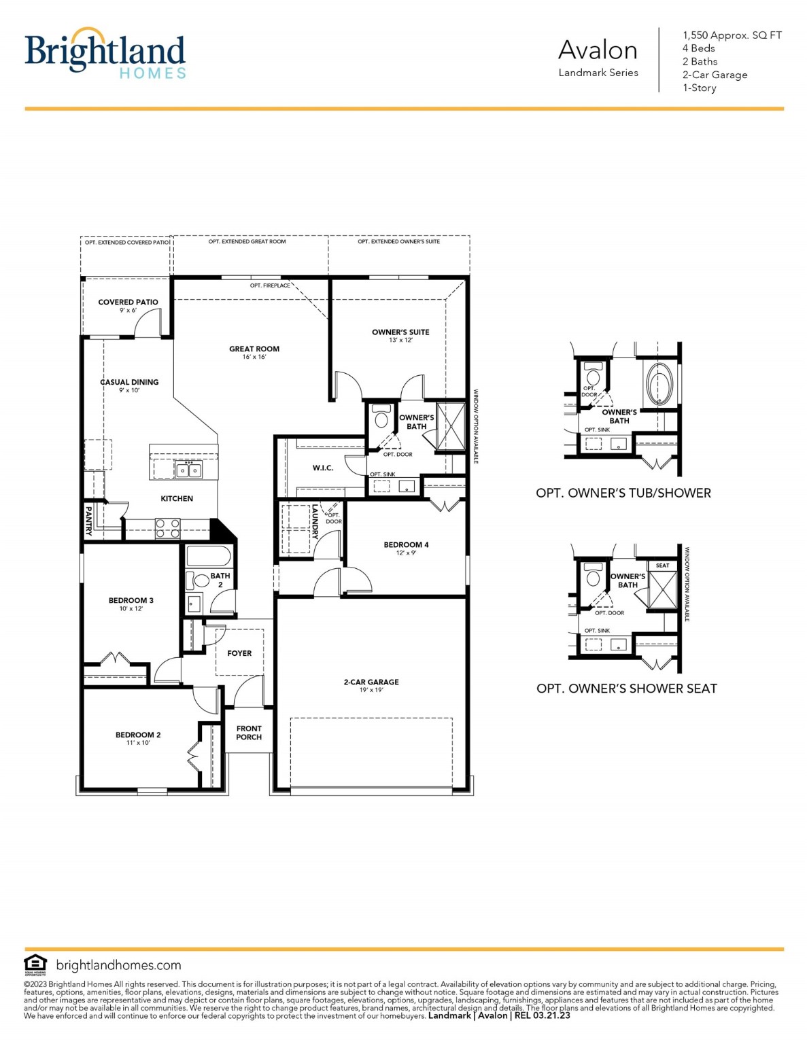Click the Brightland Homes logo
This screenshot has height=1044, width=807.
tap(105, 54)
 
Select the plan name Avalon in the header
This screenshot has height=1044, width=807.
tap(598, 50)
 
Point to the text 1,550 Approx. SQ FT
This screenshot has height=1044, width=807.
tap(732, 35)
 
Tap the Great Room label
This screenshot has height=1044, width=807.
tap(254, 349)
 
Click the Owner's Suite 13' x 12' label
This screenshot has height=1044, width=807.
tap(400, 336)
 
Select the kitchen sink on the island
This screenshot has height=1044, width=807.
tap(188, 470)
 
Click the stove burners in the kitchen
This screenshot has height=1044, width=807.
tap(168, 528)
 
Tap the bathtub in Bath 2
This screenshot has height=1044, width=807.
tap(208, 556)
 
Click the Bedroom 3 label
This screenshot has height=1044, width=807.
tap(131, 601)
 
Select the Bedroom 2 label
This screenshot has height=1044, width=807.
tap(138, 735)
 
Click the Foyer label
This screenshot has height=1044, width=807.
tap(239, 653)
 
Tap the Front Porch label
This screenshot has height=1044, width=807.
tap(249, 733)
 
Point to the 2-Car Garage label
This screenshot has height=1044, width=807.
tap(371, 682)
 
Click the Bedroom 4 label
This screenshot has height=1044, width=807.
tap(406, 545)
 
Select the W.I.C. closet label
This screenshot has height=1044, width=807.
tap(323, 468)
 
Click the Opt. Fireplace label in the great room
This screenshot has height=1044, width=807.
tap(270, 285)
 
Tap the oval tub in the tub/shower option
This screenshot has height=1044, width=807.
tap(659, 384)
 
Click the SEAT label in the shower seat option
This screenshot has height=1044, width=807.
tap(662, 565)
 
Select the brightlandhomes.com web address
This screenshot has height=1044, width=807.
tap(118, 965)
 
